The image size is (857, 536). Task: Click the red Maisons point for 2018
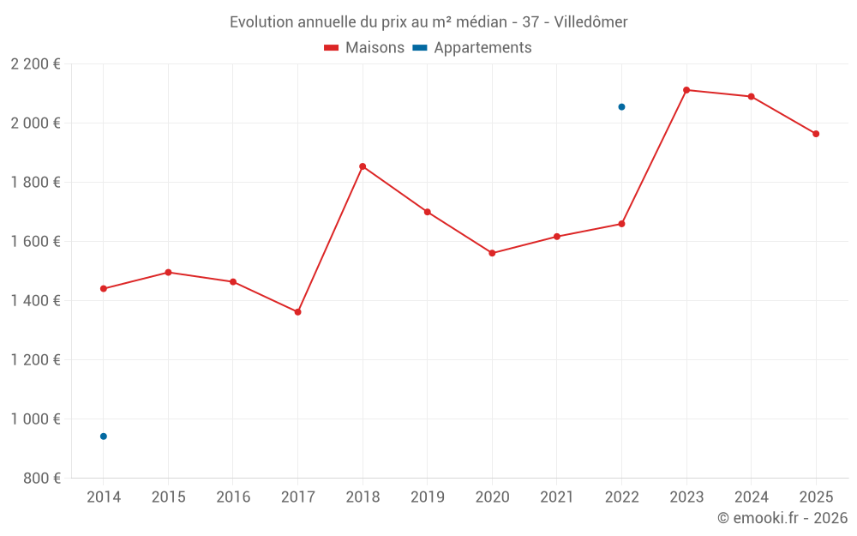point(363,166)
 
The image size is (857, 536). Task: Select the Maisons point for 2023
point(686,90)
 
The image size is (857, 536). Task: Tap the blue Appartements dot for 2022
point(621,107)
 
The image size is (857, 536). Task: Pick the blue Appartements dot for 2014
point(104,437)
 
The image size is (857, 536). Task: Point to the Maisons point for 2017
point(297,312)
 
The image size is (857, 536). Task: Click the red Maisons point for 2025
point(816,134)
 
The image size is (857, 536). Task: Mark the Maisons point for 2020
point(492,253)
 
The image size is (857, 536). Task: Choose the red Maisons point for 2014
point(104,289)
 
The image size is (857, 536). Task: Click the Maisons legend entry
point(364,48)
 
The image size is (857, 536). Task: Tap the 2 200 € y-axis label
point(35,64)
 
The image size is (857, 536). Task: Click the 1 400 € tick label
point(35,301)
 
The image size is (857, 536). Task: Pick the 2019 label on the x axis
point(427,497)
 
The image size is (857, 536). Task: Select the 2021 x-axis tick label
point(556,497)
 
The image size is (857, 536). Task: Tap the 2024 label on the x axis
point(751,497)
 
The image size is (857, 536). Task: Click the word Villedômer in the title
point(590,22)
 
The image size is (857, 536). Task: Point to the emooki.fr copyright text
point(782,518)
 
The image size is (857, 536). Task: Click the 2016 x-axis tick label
point(233,497)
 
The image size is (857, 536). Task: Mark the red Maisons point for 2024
point(751,97)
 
